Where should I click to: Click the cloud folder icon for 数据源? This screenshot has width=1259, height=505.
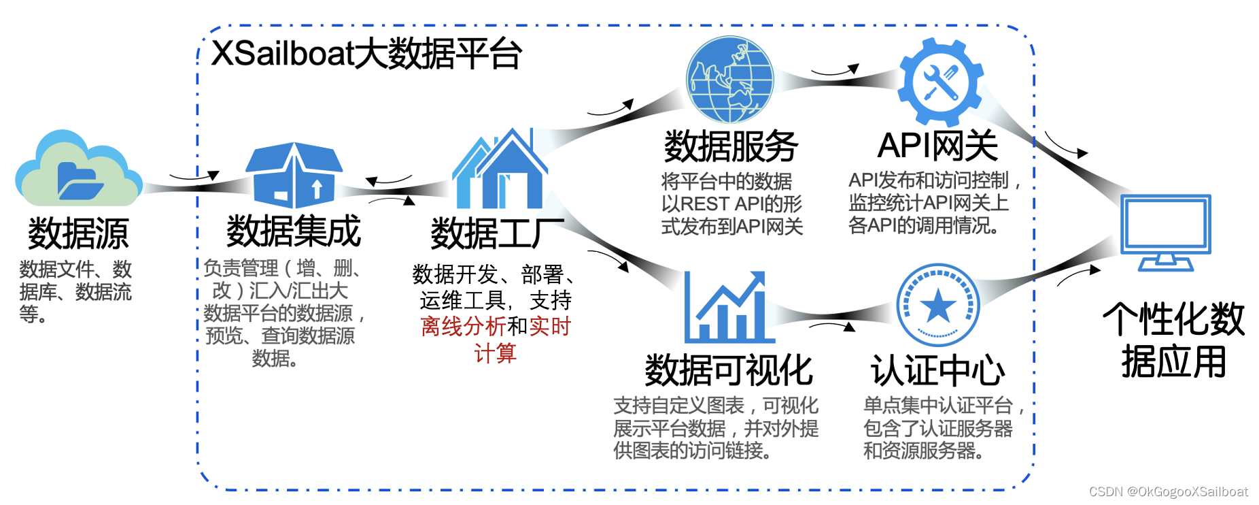click(x=78, y=170)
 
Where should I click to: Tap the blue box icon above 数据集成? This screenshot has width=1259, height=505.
click(x=294, y=175)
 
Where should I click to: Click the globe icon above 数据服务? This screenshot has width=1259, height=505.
click(x=729, y=79)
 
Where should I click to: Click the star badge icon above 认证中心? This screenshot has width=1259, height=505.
click(x=937, y=306)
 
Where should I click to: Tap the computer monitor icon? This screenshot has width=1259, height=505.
click(x=1165, y=232)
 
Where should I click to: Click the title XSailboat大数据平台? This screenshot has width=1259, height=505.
click(x=366, y=54)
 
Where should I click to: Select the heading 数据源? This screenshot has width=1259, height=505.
click(x=78, y=233)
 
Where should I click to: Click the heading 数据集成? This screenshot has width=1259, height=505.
click(x=294, y=231)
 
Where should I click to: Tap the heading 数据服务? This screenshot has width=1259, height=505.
click(x=731, y=146)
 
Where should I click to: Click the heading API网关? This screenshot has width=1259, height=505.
click(x=937, y=146)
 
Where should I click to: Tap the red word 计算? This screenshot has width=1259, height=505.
click(x=495, y=353)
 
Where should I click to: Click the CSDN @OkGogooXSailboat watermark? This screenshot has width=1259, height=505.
click(x=1168, y=491)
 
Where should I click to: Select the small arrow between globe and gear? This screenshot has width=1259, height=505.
click(x=835, y=70)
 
